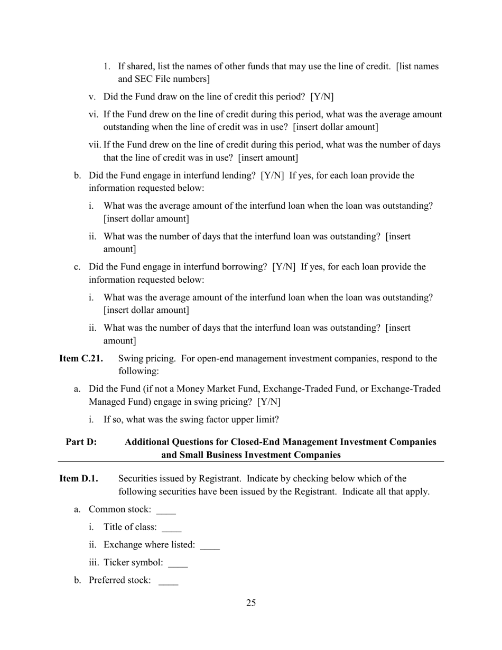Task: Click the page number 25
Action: [251, 603]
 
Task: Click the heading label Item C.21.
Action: [81, 358]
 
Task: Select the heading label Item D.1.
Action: [79, 478]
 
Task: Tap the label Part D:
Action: [81, 442]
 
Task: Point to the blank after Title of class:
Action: [172, 528]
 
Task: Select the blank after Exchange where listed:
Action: [210, 546]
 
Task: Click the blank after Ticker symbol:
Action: [178, 563]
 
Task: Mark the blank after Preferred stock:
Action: [168, 581]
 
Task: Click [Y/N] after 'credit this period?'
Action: [322, 97]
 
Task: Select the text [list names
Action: [417, 67]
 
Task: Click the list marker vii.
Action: [95, 145]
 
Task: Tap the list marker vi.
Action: [94, 114]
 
